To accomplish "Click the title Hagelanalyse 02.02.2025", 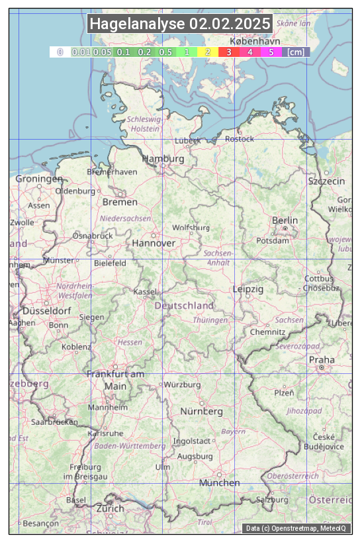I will (x=180, y=24).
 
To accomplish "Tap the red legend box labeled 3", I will (x=229, y=52).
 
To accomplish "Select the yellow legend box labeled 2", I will (x=208, y=52).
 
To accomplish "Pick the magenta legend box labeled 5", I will (x=271, y=52).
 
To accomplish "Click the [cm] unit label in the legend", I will (x=296, y=52).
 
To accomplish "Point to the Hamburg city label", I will (x=163, y=159).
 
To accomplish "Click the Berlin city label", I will (x=285, y=220).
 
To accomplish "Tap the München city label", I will (x=220, y=482).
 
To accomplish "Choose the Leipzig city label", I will (x=248, y=289).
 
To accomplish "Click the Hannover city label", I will (x=154, y=243).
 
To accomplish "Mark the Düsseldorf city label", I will (x=46, y=310).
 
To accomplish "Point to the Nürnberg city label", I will (x=202, y=411).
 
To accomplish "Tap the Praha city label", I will (x=321, y=359).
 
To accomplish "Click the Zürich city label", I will (x=110, y=508).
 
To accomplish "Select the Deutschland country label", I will (x=184, y=305).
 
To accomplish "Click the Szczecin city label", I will (x=326, y=181).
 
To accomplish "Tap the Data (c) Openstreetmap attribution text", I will (x=296, y=528).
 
